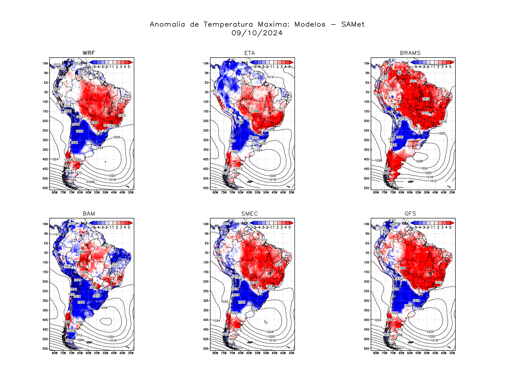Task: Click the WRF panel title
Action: point(89,53)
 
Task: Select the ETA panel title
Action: point(249,53)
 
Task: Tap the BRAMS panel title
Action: point(410,53)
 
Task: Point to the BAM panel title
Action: point(89,214)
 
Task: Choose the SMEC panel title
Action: point(249,214)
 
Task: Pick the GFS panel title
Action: point(410,214)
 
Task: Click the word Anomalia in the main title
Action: point(167,24)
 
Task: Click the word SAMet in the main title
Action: point(353,24)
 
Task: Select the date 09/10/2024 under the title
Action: point(257,33)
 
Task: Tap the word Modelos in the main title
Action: point(310,24)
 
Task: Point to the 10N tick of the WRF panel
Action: point(45,63)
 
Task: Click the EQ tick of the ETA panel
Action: point(206,83)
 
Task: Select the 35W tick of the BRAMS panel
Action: point(452,192)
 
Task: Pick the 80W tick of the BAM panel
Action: point(55,353)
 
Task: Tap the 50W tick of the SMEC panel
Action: point(266,353)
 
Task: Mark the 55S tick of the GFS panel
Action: point(367,349)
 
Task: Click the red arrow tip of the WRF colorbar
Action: point(131,62)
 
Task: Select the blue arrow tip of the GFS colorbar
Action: point(412,223)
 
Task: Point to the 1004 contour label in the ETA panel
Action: point(232,178)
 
